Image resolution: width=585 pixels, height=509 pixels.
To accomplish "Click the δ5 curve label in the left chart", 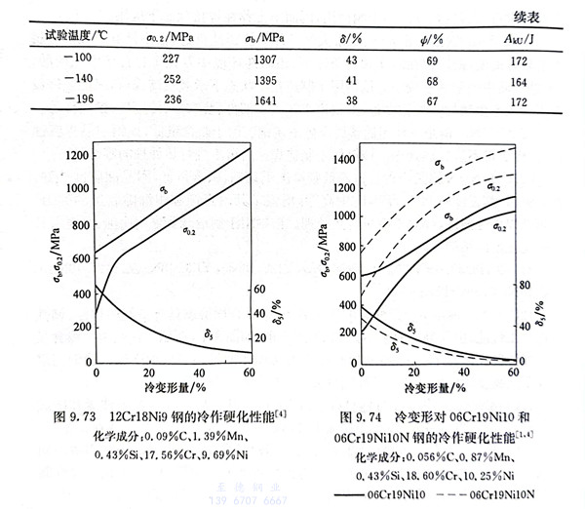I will [209, 334].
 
